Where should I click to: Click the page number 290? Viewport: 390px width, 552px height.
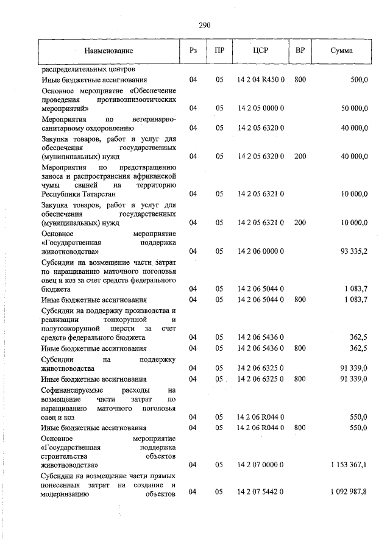point(204,25)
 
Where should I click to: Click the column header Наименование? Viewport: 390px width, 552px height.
point(108,51)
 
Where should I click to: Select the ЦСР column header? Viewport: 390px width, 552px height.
point(260,51)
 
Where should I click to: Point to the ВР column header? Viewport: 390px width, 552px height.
point(300,51)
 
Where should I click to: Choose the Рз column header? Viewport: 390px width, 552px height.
point(193,51)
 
